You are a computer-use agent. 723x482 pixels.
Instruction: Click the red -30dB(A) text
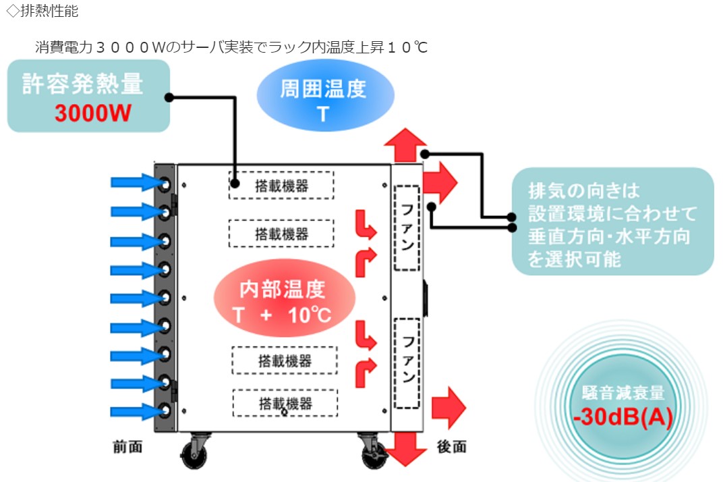pos(623,418)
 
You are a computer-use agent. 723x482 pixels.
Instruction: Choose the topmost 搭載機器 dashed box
pos(281,185)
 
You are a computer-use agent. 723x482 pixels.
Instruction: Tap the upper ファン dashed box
pos(407,227)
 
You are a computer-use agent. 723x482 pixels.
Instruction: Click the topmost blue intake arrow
pos(133,182)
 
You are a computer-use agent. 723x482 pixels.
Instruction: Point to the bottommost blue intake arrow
pos(133,410)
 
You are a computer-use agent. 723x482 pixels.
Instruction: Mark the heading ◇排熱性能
pos(42,11)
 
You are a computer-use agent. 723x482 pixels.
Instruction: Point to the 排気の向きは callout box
pos(612,221)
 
